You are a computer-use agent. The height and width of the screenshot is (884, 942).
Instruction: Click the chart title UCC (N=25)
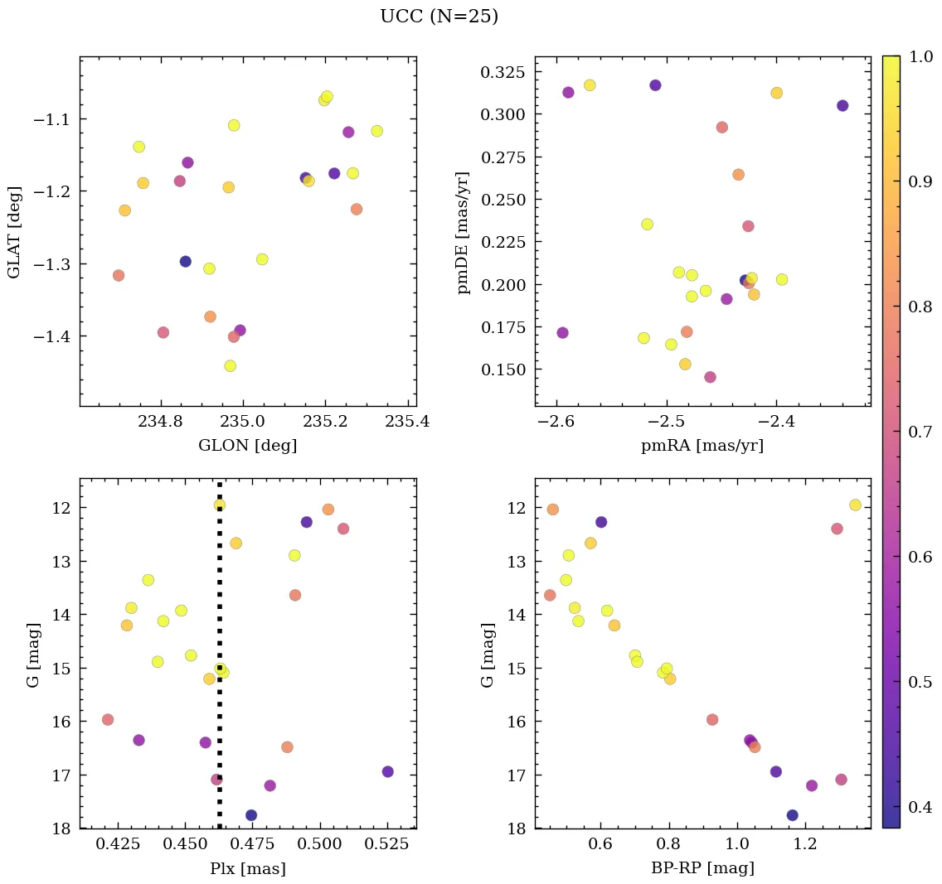(439, 17)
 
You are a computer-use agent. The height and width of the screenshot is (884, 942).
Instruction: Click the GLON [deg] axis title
(247, 446)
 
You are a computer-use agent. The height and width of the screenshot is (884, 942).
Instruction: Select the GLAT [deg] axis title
(14, 232)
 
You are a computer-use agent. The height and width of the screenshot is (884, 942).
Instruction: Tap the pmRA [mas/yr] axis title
(702, 446)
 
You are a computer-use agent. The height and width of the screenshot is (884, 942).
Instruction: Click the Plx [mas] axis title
(247, 868)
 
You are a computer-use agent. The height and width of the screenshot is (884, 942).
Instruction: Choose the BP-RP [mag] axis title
(702, 868)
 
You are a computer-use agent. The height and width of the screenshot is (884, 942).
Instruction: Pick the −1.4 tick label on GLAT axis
(52, 336)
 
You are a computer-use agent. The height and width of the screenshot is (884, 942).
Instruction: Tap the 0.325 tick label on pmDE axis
(503, 73)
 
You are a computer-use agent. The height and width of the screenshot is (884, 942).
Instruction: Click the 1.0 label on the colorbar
(917, 56)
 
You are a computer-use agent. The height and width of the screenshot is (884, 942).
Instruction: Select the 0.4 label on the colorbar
(917, 808)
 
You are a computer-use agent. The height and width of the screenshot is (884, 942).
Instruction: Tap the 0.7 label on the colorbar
(917, 432)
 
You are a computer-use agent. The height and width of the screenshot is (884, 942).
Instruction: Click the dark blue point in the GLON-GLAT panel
(185, 262)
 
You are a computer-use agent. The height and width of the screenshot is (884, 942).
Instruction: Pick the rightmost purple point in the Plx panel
(387, 771)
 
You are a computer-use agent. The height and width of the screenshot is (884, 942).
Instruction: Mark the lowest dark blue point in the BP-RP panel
(792, 815)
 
